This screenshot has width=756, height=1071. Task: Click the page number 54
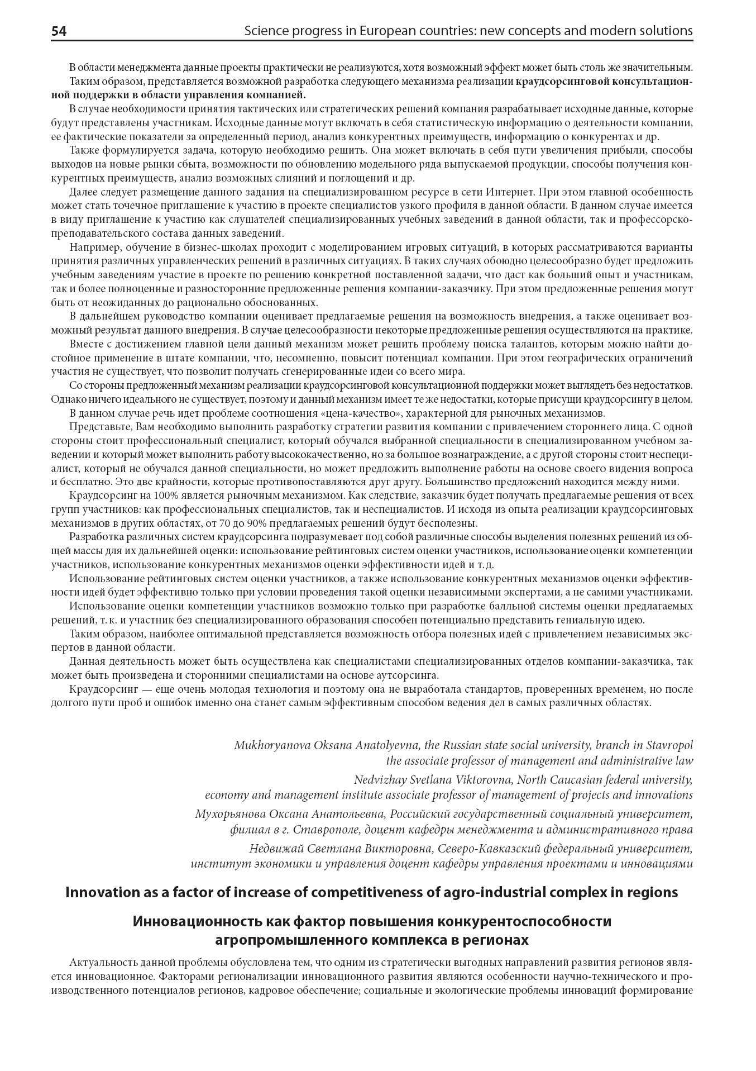tap(59, 31)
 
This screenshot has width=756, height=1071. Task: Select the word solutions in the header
tap(663, 31)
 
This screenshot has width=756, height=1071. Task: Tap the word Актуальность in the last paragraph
tap(103, 962)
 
